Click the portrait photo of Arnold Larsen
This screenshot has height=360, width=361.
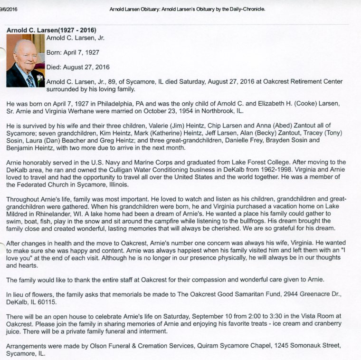click(x=25, y=60)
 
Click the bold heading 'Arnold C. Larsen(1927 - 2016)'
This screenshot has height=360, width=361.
click(x=51, y=29)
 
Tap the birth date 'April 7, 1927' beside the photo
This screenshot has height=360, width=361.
click(x=81, y=52)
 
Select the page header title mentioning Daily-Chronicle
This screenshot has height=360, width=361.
click(x=187, y=9)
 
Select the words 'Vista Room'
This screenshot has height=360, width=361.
click(x=314, y=316)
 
